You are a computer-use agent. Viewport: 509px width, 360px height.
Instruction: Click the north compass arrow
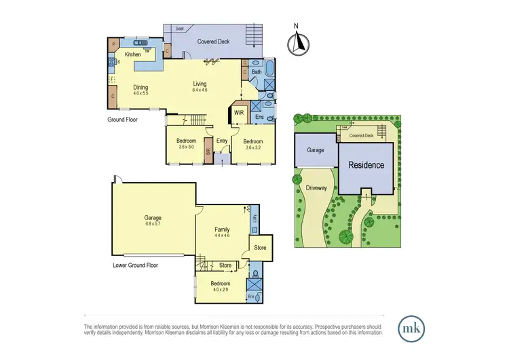(295, 43)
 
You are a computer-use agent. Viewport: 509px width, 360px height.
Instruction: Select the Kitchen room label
(132, 54)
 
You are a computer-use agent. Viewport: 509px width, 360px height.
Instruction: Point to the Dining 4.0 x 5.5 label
(140, 90)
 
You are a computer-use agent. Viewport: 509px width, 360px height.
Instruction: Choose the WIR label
(239, 113)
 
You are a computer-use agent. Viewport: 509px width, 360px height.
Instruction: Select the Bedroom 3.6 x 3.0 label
(186, 143)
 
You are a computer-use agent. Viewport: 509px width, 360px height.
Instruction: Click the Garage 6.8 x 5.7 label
(152, 220)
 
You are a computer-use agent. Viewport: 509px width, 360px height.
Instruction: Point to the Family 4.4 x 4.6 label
(222, 233)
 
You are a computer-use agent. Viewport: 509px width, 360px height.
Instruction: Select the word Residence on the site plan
(366, 165)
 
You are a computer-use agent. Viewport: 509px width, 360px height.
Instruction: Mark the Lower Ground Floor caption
(135, 265)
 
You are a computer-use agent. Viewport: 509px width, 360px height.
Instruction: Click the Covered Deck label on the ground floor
(213, 41)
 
